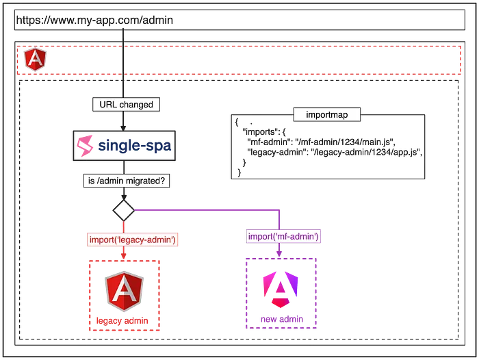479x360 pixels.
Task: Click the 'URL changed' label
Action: (123, 105)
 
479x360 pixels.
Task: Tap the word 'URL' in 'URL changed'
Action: (105, 105)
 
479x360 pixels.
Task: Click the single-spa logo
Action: (124, 146)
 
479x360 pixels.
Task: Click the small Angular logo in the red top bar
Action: (32, 60)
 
